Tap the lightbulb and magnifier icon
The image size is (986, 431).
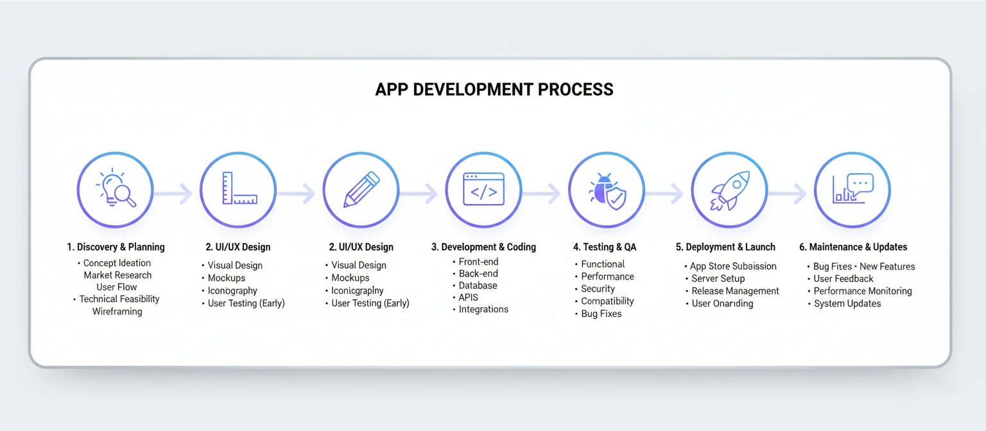click(116, 190)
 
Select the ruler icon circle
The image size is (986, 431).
click(238, 190)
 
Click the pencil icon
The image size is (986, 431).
click(361, 190)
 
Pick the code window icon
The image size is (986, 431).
click(483, 190)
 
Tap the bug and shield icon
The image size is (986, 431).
click(607, 190)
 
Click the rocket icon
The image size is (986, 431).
click(729, 190)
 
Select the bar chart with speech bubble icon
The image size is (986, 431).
click(852, 190)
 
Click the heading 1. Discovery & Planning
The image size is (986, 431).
click(116, 247)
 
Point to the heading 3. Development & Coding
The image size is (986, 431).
click(483, 247)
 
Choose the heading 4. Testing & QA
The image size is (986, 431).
click(605, 247)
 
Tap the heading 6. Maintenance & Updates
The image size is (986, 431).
click(853, 247)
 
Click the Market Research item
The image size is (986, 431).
click(117, 275)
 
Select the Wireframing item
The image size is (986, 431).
click(117, 312)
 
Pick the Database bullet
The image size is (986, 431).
click(478, 285)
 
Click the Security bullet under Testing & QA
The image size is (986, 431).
click(598, 289)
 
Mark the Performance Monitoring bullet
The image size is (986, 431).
click(863, 291)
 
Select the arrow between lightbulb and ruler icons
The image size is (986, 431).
click(176, 192)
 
